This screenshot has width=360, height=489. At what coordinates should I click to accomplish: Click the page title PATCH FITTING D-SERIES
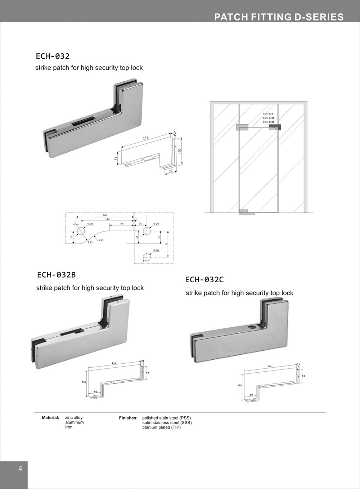279,17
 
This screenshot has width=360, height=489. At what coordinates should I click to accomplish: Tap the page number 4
20,468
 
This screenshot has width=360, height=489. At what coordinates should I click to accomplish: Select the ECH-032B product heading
57,275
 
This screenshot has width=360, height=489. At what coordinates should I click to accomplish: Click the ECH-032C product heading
204,279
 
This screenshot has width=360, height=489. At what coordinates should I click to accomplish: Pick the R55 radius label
90,243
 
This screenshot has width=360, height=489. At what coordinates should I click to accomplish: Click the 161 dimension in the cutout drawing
105,215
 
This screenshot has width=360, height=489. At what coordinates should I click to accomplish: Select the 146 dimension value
107,219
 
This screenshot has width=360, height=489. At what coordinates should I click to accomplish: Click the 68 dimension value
122,224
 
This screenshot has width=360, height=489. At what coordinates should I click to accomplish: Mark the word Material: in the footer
50,418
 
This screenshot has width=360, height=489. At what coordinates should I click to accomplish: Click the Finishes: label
128,418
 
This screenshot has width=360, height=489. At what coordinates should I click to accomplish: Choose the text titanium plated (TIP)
162,427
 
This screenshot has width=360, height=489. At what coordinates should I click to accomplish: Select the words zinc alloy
74,418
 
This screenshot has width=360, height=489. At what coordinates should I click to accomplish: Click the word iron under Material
69,427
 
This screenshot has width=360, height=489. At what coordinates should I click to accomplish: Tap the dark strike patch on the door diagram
274,127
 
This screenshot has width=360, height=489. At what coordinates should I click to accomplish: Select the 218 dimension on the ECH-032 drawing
145,138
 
